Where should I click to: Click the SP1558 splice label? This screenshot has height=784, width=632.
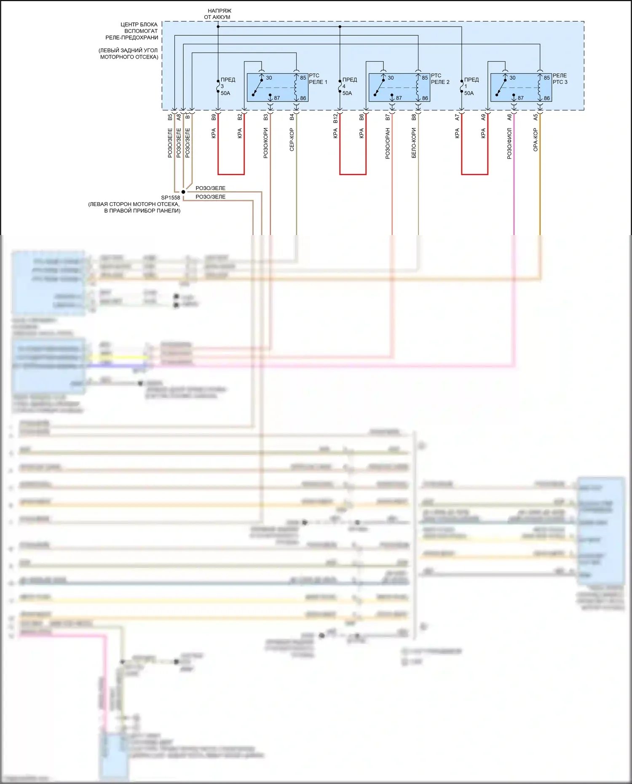pyautogui.click(x=170, y=198)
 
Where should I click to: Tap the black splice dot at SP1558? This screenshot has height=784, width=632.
pyautogui.click(x=183, y=192)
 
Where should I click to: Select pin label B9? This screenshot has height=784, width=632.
pyautogui.click(x=214, y=117)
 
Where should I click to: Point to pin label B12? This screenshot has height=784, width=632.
pyautogui.click(x=335, y=118)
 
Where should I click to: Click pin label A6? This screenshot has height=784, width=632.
pyautogui.click(x=509, y=117)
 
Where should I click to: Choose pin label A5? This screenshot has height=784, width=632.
pyautogui.click(x=536, y=117)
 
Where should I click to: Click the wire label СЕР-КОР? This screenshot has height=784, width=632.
pyautogui.click(x=292, y=139)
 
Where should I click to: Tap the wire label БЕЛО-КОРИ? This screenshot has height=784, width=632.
pyautogui.click(x=414, y=143)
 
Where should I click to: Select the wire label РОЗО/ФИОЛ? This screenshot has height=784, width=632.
pyautogui.click(x=509, y=144)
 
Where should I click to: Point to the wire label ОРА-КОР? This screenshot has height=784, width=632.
pyautogui.click(x=536, y=140)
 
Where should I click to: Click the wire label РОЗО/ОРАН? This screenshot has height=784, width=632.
pyautogui.click(x=388, y=144)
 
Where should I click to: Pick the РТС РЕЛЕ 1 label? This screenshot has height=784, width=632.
pyautogui.click(x=318, y=79)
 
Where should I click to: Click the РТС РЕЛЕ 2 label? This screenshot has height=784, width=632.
pyautogui.click(x=440, y=79)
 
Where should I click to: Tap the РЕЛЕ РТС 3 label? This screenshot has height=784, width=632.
pyautogui.click(x=560, y=79)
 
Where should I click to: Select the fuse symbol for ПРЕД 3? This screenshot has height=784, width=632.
pyautogui.click(x=218, y=86)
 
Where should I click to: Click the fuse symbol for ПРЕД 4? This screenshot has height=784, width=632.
pyautogui.click(x=340, y=86)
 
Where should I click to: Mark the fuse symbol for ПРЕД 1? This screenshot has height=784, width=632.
pyautogui.click(x=462, y=86)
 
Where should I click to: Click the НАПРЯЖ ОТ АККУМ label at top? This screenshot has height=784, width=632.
pyautogui.click(x=218, y=14)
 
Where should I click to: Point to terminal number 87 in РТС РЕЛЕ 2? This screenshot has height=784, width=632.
pyautogui.click(x=399, y=98)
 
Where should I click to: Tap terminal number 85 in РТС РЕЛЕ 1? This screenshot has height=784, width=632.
pyautogui.click(x=303, y=78)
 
